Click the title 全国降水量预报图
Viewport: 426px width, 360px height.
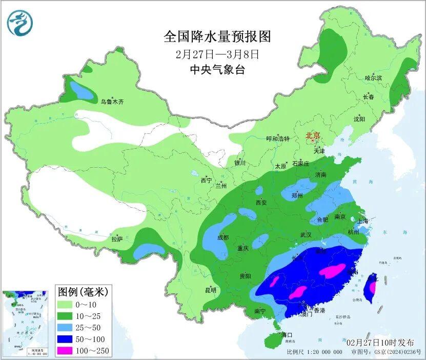(x=217, y=36)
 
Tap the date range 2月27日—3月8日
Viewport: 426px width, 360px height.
(x=217, y=53)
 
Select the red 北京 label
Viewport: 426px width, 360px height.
(x=313, y=136)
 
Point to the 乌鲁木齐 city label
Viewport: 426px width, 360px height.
(x=112, y=102)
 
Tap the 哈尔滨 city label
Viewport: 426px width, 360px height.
(x=373, y=78)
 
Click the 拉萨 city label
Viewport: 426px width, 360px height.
(x=117, y=239)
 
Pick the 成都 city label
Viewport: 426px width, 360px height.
(x=222, y=237)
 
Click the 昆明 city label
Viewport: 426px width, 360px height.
(x=210, y=290)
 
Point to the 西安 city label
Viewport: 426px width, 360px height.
(x=261, y=203)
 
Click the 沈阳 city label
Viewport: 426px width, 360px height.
(x=359, y=119)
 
